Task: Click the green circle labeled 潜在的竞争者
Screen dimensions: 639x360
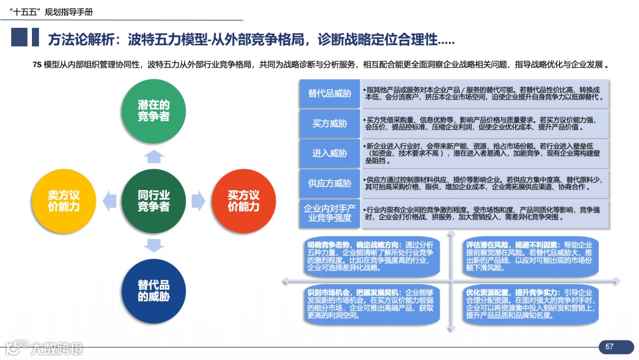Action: (x=154, y=111)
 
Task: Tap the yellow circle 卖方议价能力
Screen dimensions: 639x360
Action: (x=64, y=201)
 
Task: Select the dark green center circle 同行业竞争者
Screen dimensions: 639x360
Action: (x=154, y=201)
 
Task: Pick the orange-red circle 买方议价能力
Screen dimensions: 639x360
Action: (x=244, y=201)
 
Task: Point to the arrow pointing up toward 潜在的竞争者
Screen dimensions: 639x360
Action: (x=154, y=156)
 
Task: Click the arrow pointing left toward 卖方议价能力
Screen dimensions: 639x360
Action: (x=109, y=201)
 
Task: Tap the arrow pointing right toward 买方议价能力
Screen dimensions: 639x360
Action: (x=198, y=201)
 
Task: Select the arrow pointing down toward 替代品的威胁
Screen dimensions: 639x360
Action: (x=154, y=245)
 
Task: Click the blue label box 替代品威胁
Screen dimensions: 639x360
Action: (x=330, y=94)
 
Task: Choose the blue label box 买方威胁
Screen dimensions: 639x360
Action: (x=330, y=124)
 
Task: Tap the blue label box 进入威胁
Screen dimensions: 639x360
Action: (x=330, y=153)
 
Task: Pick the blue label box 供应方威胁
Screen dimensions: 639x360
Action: (x=330, y=184)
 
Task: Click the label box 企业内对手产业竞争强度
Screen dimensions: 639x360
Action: (x=330, y=213)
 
